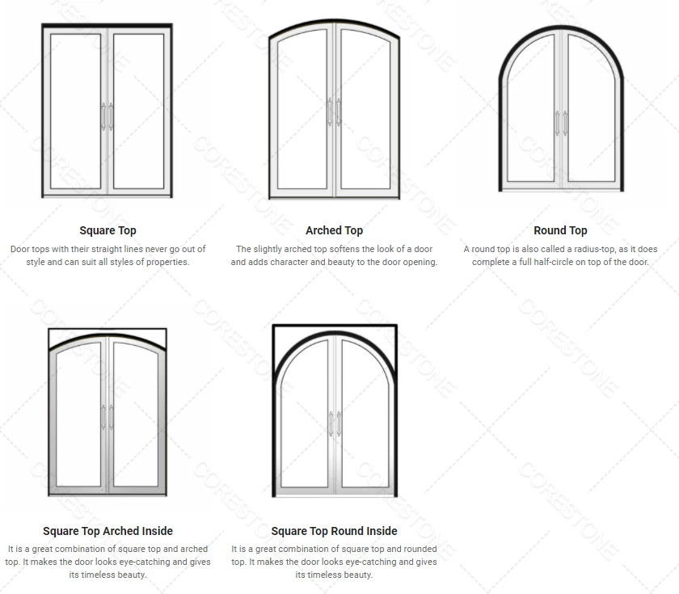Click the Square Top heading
click(108, 230)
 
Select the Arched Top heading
click(334, 230)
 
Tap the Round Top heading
click(560, 230)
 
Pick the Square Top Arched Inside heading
click(108, 531)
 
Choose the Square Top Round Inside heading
click(334, 531)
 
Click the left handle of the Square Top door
click(103, 116)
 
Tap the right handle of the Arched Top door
click(339, 112)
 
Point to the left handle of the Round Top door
click(556, 122)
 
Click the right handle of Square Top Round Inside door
click(339, 423)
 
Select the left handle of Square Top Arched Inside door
click(103, 417)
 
